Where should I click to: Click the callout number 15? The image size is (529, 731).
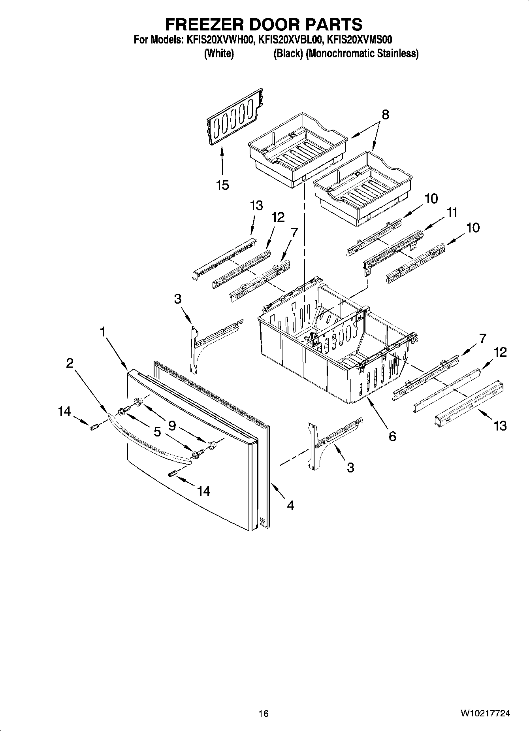coord(223,185)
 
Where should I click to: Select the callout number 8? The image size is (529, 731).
coord(385,115)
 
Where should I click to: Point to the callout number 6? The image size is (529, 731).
coord(392,436)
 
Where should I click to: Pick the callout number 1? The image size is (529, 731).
coord(103,332)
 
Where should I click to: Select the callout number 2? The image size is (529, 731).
coord(70,363)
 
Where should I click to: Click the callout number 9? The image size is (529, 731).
coord(172,425)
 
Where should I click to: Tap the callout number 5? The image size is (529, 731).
coord(157,432)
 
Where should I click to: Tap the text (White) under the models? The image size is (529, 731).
coord(219,53)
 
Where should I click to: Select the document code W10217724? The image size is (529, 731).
coord(485,714)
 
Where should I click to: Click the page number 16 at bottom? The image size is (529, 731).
coord(264,714)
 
